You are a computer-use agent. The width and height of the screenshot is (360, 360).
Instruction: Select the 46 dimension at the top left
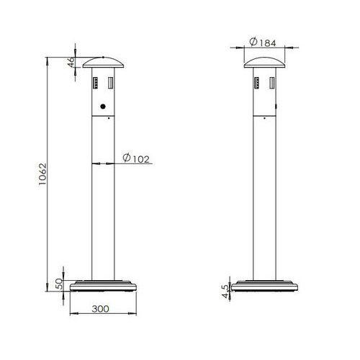72,62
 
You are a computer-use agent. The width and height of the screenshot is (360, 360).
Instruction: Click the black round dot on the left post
102,107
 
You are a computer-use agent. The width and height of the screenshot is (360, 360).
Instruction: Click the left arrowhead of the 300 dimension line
71,315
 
